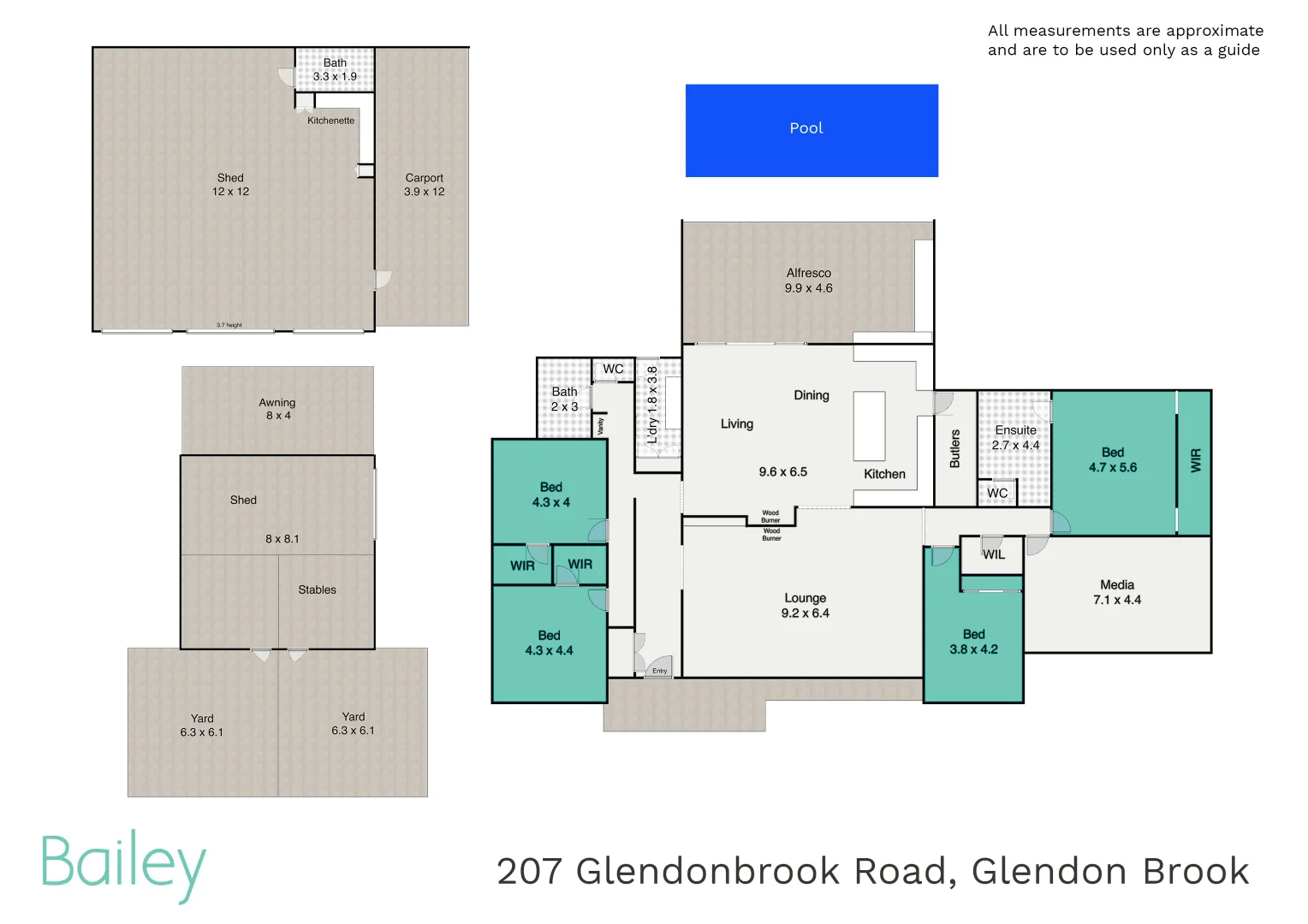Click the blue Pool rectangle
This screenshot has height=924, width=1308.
click(812, 130)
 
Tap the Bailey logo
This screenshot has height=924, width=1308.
click(123, 864)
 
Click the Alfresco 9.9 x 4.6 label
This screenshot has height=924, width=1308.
click(808, 281)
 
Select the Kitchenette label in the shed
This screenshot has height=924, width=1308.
click(330, 121)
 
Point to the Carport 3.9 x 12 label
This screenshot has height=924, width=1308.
click(425, 185)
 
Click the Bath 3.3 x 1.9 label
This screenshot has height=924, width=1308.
click(335, 69)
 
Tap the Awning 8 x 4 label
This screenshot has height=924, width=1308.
click(277, 409)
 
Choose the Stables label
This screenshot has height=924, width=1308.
click(317, 589)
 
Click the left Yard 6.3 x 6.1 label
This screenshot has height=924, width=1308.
click(202, 726)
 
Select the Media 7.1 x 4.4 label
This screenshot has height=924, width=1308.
click(1117, 592)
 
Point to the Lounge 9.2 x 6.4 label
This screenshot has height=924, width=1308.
click(805, 605)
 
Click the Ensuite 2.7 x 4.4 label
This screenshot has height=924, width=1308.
click(1015, 437)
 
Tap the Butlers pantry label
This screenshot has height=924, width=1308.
click(955, 448)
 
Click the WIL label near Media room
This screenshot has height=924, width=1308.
click(994, 554)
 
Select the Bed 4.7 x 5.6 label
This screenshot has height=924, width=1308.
click(1113, 459)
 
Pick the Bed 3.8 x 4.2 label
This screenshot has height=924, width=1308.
click(973, 642)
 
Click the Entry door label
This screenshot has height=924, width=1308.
click(659, 671)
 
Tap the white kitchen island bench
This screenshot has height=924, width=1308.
click(869, 426)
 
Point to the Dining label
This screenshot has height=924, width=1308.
click(812, 395)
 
